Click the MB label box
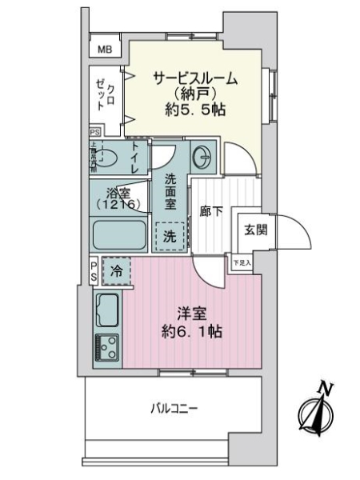(x=105, y=50)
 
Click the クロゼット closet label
(x=105, y=94)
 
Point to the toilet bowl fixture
(x=108, y=158)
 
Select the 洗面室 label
(x=171, y=192)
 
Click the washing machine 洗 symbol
(x=171, y=236)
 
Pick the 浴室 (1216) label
(x=119, y=198)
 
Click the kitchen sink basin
(x=108, y=306)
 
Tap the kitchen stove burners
(x=108, y=346)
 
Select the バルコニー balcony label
(x=174, y=408)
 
